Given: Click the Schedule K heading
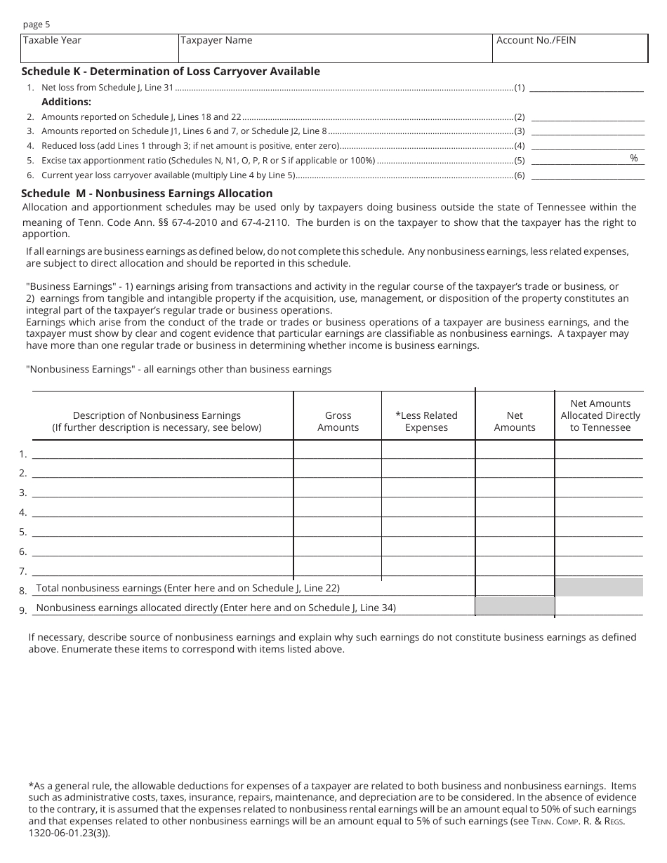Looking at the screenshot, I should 171,71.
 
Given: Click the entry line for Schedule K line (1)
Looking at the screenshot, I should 586,88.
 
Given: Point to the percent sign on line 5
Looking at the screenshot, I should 633,159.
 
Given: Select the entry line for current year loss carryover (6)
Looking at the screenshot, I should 586,175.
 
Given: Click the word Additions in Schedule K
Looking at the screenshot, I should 66,102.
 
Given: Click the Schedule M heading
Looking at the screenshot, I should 147,193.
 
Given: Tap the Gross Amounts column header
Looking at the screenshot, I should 338,421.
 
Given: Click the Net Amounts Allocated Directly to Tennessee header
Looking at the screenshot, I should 600,415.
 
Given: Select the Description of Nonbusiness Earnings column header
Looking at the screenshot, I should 157,421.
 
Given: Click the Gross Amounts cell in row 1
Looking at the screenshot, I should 338,450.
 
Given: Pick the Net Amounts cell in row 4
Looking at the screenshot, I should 515,509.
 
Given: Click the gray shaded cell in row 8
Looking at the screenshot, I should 599,587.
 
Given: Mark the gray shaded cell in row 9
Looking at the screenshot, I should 515,606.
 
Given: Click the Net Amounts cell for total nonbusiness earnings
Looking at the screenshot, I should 515,587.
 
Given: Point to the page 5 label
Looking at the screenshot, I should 37,25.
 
